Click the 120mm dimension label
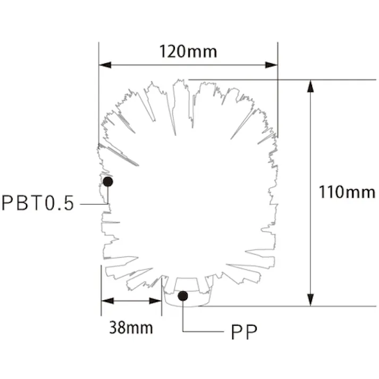coord(188,52)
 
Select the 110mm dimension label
coord(347,192)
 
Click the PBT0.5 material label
coord(38,204)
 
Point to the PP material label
coord(245,332)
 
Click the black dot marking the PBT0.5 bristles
coord(108,182)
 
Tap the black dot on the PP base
coord(183,296)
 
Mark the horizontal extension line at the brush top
coord(276,80)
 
